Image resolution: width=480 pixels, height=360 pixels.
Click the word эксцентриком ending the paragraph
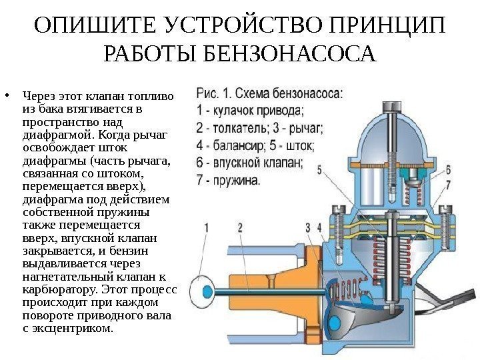(x=73, y=328)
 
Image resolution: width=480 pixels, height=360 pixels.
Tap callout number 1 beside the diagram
(x=207, y=228)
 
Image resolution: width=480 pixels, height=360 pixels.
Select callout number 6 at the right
(x=448, y=169)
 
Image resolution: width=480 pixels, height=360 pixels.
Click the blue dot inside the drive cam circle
(x=198, y=291)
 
